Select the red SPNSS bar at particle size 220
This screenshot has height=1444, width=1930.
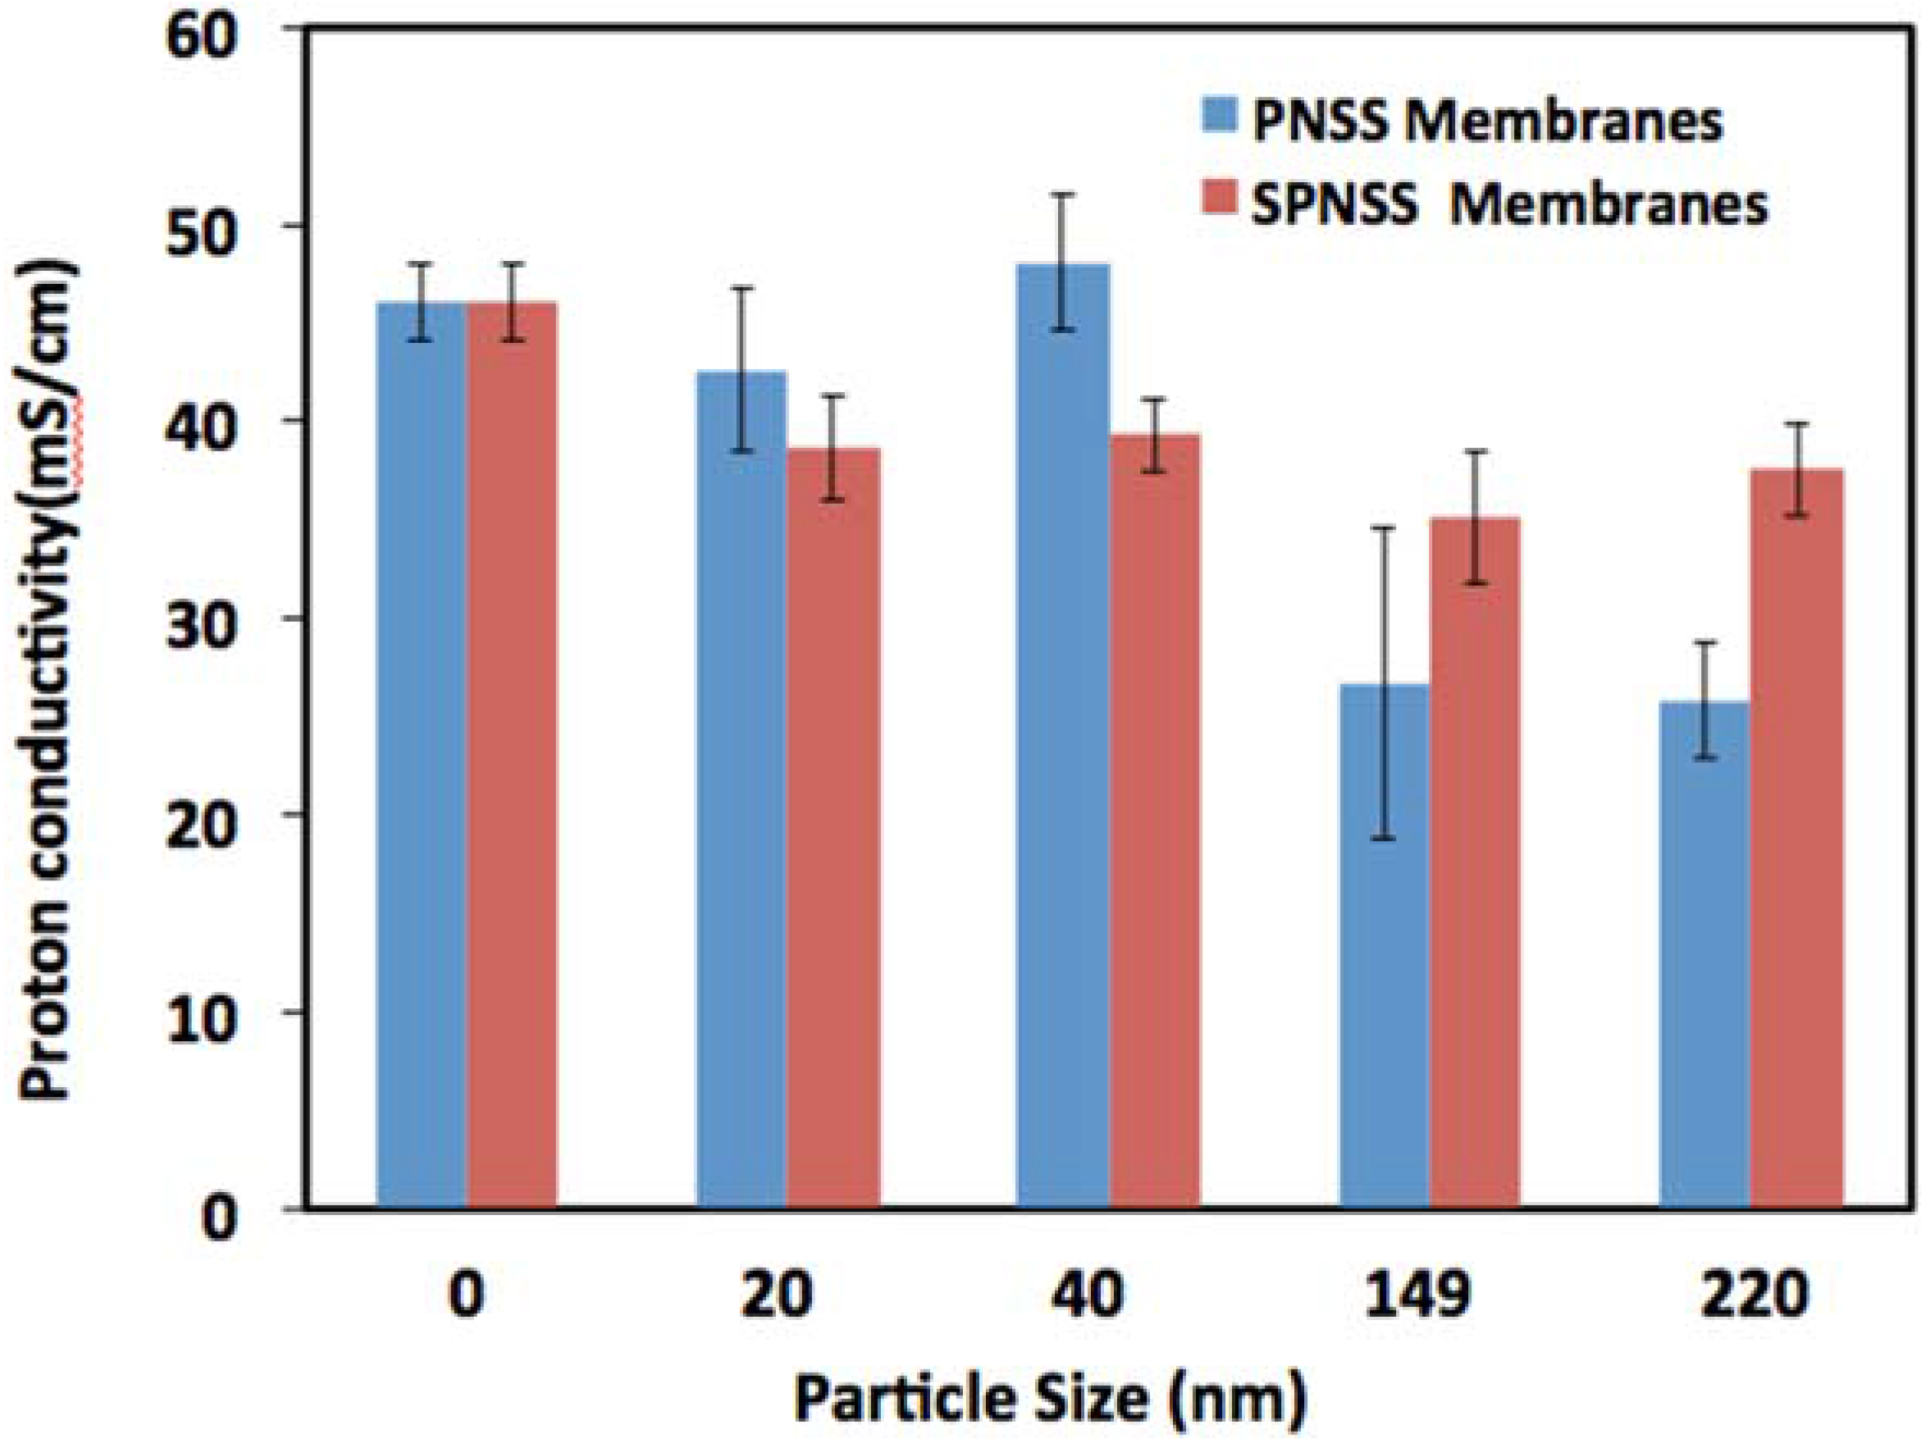1796,838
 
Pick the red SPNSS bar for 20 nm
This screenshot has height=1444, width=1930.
833,829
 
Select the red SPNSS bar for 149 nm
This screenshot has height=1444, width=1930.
1476,864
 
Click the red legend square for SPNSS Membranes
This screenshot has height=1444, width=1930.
1221,206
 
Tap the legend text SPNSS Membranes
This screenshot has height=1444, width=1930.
1509,207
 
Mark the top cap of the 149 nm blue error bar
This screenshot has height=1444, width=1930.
1384,528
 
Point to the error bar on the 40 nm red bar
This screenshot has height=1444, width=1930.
1153,436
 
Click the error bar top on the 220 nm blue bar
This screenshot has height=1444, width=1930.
1705,642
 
